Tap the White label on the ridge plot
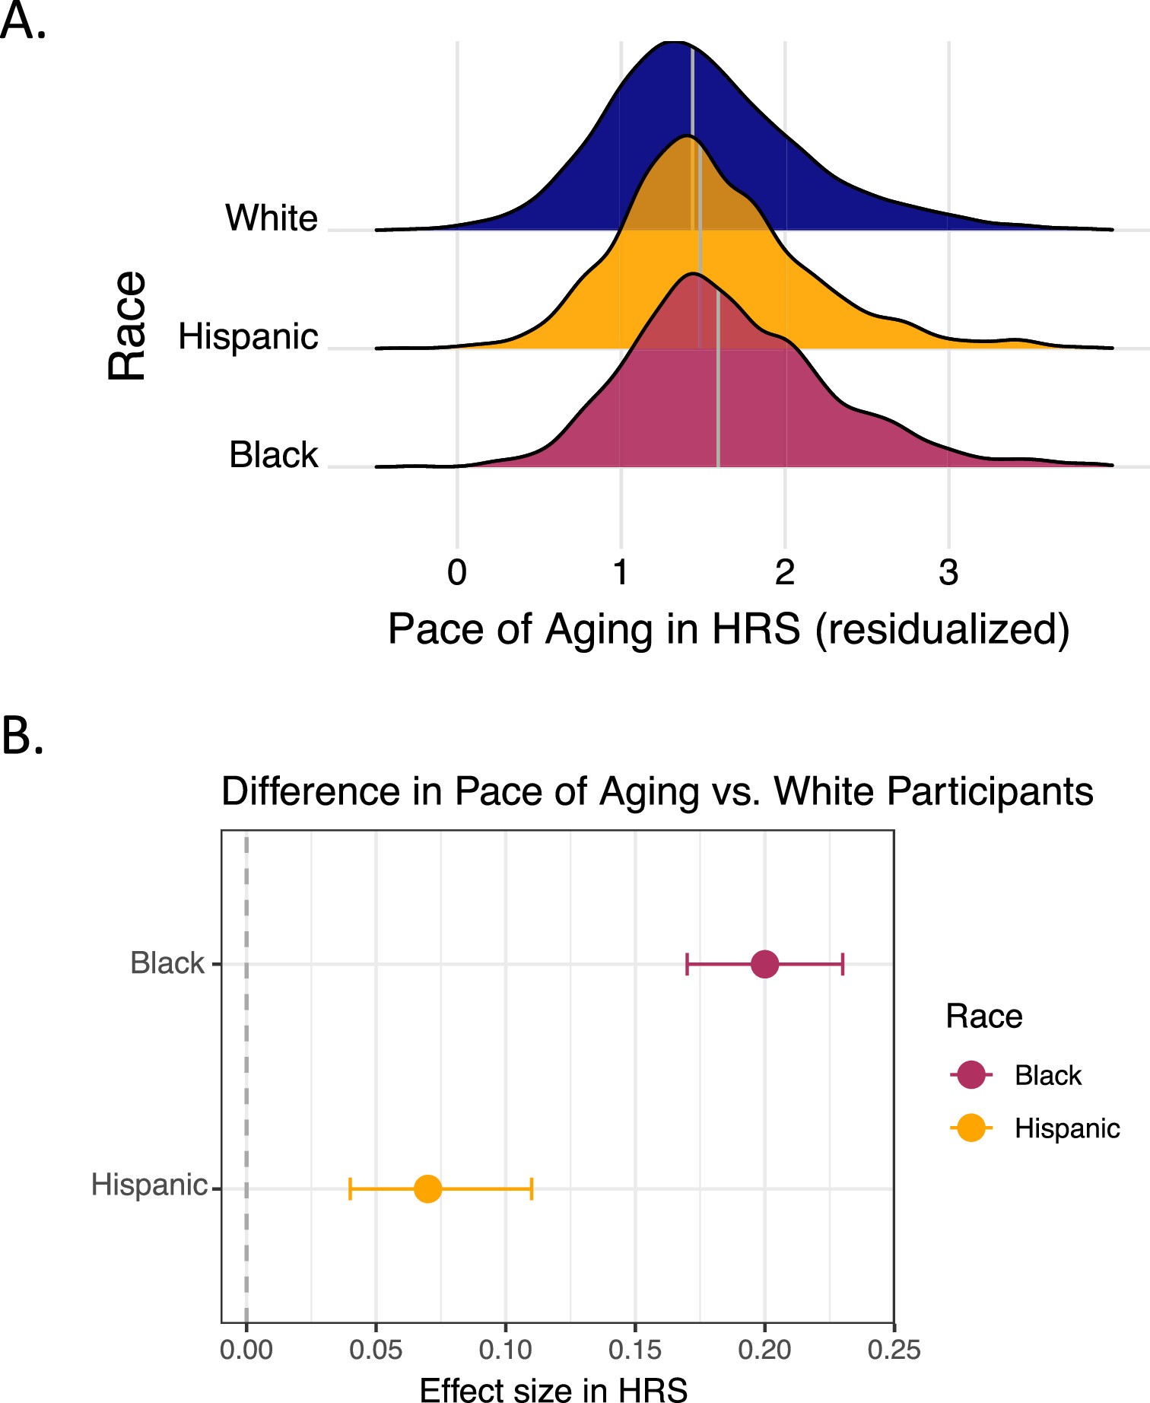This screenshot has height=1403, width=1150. [x=272, y=218]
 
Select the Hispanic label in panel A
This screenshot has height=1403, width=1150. [x=248, y=336]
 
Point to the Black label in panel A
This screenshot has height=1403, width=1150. [x=273, y=455]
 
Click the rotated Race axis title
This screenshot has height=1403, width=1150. [x=126, y=325]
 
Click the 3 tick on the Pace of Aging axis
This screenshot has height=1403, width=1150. [x=948, y=572]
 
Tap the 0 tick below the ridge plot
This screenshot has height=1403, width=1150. [x=457, y=572]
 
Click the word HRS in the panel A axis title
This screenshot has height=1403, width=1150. [x=756, y=629]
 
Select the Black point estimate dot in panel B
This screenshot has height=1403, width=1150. [x=764, y=964]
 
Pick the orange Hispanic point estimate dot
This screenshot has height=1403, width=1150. [x=427, y=1188]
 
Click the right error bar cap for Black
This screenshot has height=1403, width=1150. [x=843, y=964]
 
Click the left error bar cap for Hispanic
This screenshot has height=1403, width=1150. [x=350, y=1188]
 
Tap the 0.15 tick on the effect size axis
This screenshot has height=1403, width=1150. [x=634, y=1350]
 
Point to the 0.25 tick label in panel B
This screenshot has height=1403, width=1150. [x=894, y=1350]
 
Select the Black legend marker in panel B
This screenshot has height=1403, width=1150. [x=971, y=1075]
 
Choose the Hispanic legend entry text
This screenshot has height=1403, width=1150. [x=1066, y=1128]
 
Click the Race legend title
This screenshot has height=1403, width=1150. [x=983, y=1016]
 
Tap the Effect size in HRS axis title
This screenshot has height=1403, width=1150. [x=554, y=1389]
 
